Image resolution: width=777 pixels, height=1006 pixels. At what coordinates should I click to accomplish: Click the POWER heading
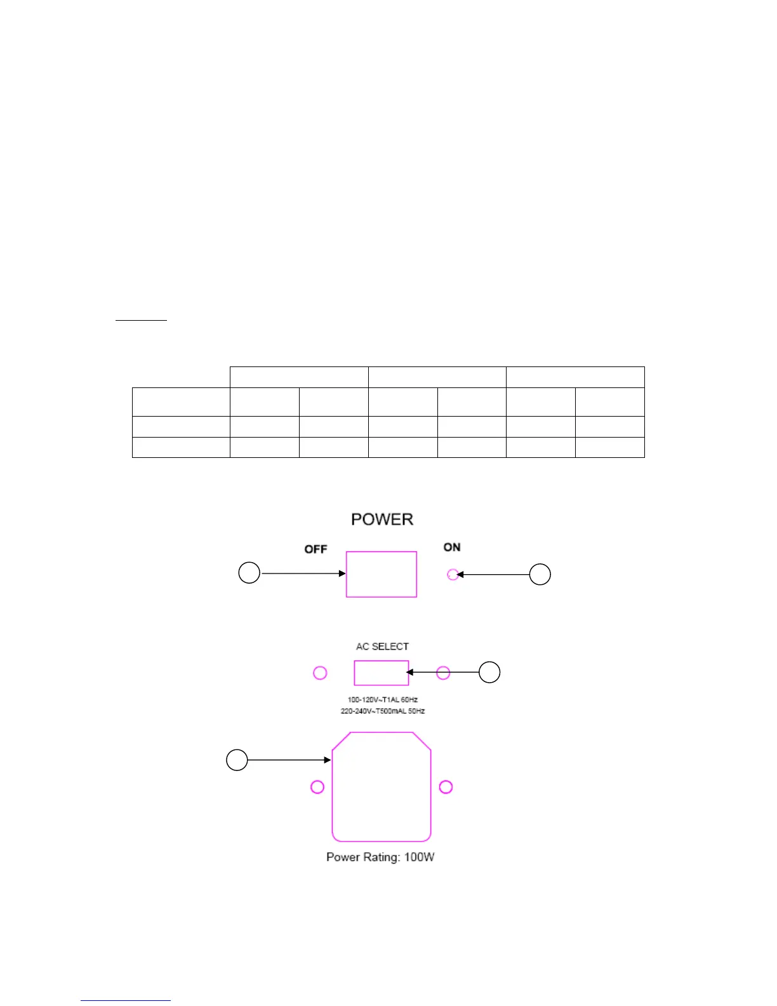click(x=382, y=520)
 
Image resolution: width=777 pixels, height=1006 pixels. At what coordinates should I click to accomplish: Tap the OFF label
click(x=315, y=549)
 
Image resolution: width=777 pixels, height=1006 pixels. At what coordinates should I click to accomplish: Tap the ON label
click(x=452, y=547)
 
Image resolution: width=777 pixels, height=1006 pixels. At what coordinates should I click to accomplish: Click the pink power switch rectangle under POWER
click(x=381, y=574)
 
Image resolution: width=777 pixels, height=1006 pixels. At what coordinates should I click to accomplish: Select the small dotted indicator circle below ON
click(x=453, y=575)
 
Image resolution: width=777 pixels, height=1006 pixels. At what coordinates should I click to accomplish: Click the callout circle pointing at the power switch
click(x=249, y=573)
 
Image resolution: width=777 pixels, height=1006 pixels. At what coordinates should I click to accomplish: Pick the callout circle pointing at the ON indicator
click(x=540, y=574)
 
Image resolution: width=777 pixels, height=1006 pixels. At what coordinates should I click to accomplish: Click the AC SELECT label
click(x=382, y=647)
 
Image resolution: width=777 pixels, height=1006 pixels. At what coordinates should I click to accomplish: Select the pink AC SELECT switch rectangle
click(x=381, y=673)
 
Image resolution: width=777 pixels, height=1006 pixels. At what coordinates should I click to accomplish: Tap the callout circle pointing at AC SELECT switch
click(x=489, y=672)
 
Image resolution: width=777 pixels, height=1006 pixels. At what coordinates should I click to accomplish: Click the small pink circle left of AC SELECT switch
click(x=321, y=673)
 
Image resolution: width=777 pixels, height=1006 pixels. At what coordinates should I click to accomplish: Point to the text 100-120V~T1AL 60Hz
click(x=382, y=700)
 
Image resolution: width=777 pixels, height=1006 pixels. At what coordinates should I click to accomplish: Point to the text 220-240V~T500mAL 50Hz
click(x=382, y=711)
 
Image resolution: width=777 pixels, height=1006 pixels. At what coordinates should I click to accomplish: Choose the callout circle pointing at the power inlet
click(x=237, y=760)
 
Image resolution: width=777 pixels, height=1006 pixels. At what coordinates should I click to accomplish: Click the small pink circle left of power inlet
click(x=317, y=787)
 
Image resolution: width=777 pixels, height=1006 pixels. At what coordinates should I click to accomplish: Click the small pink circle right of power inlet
click(x=446, y=787)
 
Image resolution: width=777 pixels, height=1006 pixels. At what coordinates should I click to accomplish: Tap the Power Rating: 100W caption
click(x=380, y=857)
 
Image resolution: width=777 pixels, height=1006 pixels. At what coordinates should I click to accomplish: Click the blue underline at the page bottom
click(x=126, y=1001)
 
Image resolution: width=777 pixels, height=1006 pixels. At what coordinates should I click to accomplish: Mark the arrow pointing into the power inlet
click(x=289, y=760)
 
